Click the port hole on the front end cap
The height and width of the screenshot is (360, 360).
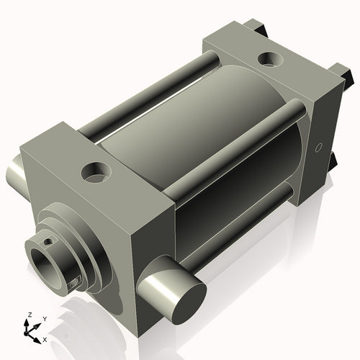pyautogui.click(x=94, y=172)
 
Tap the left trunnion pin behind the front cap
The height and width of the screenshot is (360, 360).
pyautogui.click(x=15, y=176)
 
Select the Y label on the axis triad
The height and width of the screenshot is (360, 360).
pyautogui.click(x=45, y=318)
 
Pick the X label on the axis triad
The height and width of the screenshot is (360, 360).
pyautogui.click(x=45, y=338)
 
